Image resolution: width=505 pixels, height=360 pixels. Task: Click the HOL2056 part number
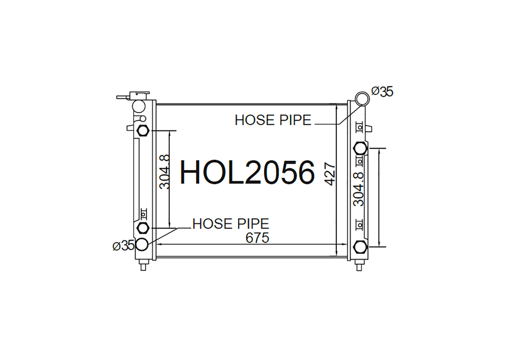(247, 173)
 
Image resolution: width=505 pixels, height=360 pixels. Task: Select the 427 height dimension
(330, 175)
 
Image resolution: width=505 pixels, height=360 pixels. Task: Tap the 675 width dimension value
(257, 238)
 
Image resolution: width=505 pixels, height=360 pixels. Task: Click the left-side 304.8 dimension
(165, 172)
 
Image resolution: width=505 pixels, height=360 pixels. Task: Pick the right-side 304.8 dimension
(359, 189)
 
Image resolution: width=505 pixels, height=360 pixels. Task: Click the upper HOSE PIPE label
(273, 120)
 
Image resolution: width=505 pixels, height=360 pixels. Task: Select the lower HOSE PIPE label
(231, 224)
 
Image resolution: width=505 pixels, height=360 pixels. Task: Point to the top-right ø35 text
(382, 92)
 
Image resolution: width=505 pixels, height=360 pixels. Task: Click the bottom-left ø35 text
(123, 246)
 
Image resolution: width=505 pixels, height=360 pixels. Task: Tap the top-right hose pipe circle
(362, 98)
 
